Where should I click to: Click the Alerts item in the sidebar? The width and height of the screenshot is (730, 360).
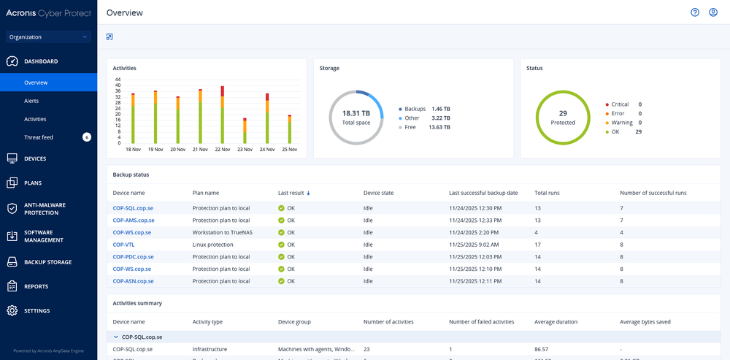coord(31,101)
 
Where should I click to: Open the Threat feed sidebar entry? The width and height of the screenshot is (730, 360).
coord(39,137)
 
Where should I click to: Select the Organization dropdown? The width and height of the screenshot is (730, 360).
coord(48,37)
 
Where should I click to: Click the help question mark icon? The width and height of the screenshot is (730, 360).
coord(695,12)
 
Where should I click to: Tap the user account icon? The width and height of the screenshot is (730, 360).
coord(713,12)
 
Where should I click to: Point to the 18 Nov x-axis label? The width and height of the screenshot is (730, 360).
coord(134,149)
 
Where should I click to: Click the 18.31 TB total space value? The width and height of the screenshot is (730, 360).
coord(356,113)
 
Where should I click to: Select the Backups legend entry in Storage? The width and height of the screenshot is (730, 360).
coord(415,108)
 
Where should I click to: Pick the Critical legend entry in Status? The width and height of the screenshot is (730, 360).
coord(619,104)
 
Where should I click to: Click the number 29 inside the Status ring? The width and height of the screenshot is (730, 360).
coord(563,113)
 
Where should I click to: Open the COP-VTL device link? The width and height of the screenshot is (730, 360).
coord(123,245)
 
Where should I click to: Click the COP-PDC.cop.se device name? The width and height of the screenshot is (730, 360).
coord(134,257)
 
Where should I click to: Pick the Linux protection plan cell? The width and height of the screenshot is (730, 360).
coord(212,245)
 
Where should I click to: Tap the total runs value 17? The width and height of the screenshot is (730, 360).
coord(538,245)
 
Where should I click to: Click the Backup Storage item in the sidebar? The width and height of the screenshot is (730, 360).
coord(47,262)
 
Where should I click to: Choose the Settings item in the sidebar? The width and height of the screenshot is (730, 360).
coord(36,311)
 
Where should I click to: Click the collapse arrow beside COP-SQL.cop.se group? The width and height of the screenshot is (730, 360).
coord(115,337)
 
